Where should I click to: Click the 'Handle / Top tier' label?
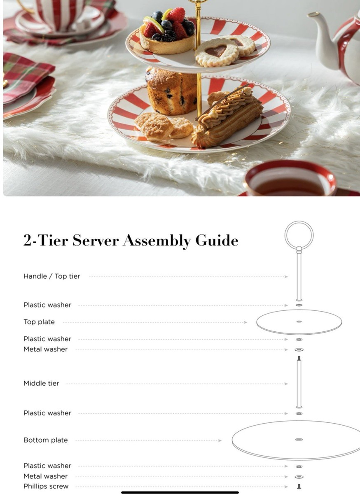(51, 276)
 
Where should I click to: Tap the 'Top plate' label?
(39, 322)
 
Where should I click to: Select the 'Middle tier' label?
(41, 383)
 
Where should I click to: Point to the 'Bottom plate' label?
(45, 440)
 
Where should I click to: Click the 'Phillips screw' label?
(46, 486)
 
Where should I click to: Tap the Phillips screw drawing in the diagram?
(299, 486)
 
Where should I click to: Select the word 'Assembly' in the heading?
(157, 241)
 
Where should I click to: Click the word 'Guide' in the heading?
(217, 240)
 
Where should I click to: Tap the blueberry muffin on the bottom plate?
(171, 91)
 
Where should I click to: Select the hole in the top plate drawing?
(299, 322)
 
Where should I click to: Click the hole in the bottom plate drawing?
(299, 439)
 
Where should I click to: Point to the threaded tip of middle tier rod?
(299, 358)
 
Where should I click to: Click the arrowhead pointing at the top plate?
(245, 322)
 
